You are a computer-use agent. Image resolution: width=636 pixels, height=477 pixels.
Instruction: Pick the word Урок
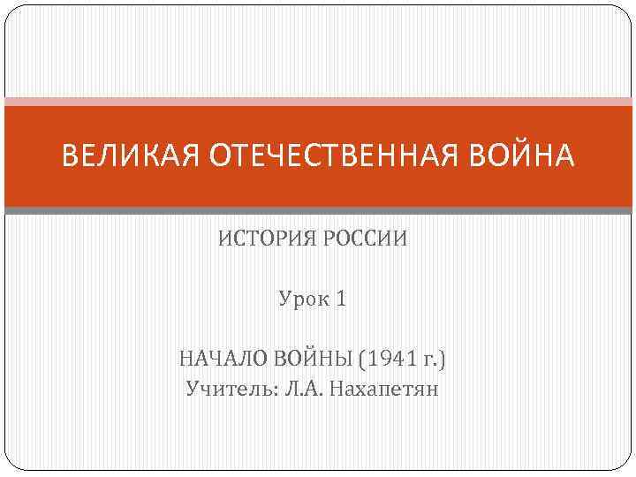click(303, 299)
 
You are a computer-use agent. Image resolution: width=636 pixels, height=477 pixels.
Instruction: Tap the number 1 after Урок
click(342, 299)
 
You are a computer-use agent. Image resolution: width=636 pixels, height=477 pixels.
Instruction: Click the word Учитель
click(229, 389)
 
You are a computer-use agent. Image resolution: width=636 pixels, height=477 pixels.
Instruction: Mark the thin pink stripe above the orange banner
click(318, 102)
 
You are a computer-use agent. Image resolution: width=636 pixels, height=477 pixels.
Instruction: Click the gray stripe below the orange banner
click(318, 210)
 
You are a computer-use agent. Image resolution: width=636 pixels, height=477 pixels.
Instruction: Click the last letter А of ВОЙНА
click(564, 157)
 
